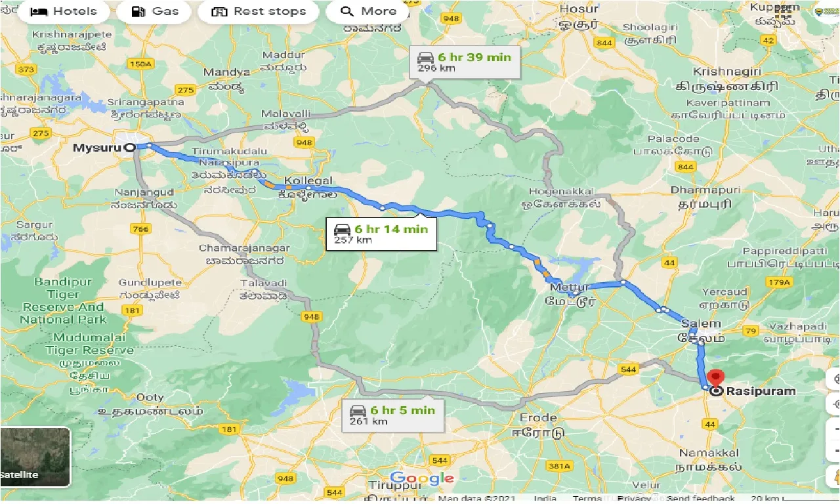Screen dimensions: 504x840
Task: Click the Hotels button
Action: [x=64, y=12]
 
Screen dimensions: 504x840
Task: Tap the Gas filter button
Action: [x=155, y=12]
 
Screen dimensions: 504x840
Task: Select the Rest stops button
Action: [x=259, y=12]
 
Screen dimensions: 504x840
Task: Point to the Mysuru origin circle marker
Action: [x=130, y=148]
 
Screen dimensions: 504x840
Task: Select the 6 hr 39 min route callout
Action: [x=464, y=62]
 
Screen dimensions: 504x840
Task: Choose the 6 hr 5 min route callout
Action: [x=392, y=415]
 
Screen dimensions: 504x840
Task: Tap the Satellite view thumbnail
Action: [x=35, y=457]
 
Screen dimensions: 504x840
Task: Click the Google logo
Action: [x=421, y=478]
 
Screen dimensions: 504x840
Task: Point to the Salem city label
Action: [x=701, y=324]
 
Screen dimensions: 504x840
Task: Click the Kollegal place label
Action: [x=308, y=180]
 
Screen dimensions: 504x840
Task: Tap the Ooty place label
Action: [x=150, y=398]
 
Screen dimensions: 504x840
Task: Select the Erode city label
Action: [x=537, y=417]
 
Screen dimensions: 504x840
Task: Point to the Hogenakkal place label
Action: [x=558, y=192]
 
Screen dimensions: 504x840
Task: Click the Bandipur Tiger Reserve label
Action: [x=64, y=301]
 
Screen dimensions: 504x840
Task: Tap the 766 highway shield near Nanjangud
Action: [x=140, y=228]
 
